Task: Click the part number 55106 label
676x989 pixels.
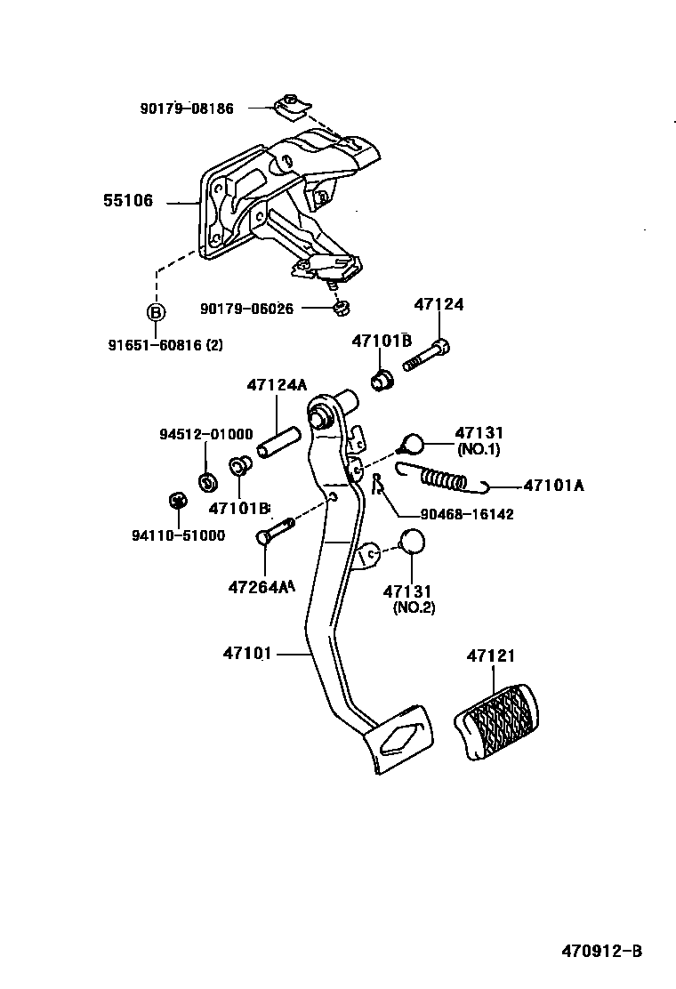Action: (128, 202)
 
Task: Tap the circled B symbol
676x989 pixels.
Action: (156, 312)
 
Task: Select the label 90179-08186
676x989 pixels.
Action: (187, 109)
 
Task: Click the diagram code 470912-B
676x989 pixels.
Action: (601, 951)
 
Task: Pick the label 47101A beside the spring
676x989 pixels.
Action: (553, 486)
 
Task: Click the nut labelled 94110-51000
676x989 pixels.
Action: (176, 501)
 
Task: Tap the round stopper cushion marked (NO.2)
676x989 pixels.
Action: (411, 543)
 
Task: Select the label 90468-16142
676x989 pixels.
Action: (456, 514)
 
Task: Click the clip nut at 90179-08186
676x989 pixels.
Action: (289, 105)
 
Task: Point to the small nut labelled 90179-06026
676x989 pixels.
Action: (339, 309)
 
